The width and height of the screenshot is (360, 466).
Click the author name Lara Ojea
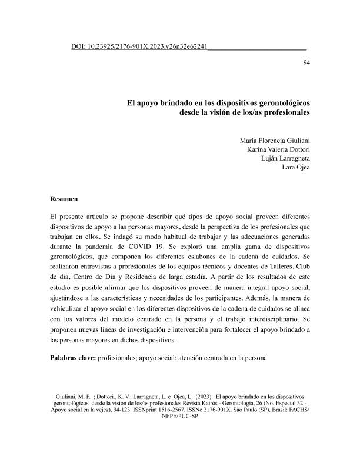pyautogui.click(x=298, y=169)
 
